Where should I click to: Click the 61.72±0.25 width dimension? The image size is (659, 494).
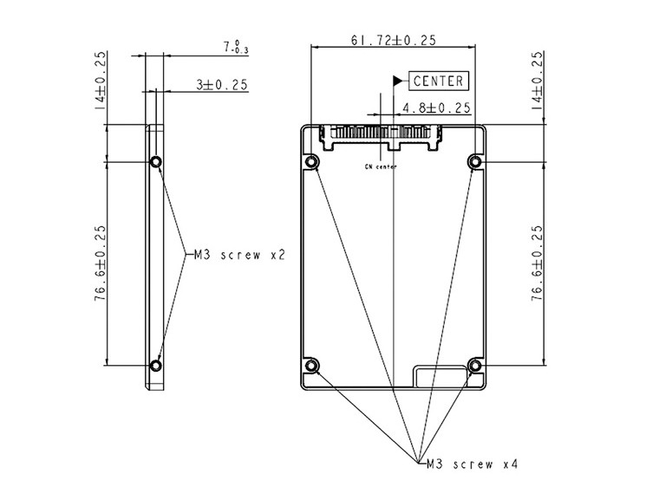click(393, 40)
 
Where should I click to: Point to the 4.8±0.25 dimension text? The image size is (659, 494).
click(436, 108)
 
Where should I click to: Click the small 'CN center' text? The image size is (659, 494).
click(381, 166)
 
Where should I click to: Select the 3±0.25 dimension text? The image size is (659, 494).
click(221, 85)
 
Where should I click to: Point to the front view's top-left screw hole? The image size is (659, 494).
click(312, 162)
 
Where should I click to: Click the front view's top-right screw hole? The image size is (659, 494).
click(474, 162)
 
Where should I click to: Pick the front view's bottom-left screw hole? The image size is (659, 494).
click(312, 366)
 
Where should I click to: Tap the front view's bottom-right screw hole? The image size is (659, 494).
click(474, 366)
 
